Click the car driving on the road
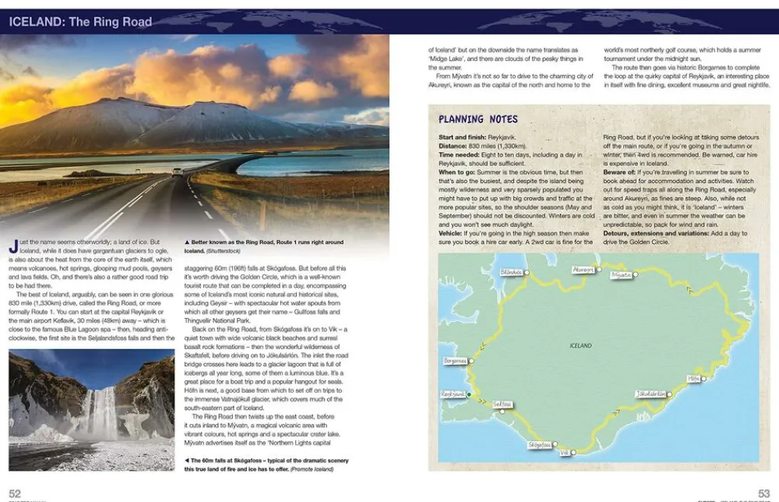(x=178, y=171)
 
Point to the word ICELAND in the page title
(x=36, y=22)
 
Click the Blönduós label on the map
(x=511, y=272)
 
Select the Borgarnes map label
(x=456, y=361)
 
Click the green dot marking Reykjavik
(x=470, y=394)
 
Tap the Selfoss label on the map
(x=503, y=404)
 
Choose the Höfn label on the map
(x=695, y=378)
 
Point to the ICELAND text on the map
(x=580, y=345)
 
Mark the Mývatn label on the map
(x=622, y=274)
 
